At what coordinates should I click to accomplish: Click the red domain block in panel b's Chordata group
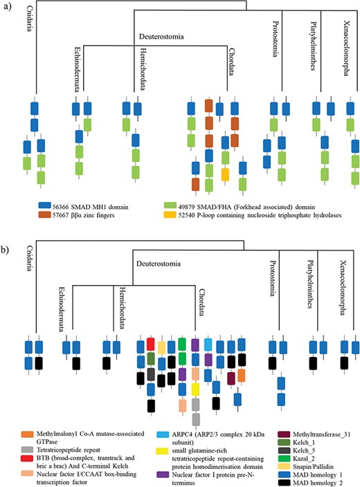151,343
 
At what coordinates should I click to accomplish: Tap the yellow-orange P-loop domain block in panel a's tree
225,174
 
